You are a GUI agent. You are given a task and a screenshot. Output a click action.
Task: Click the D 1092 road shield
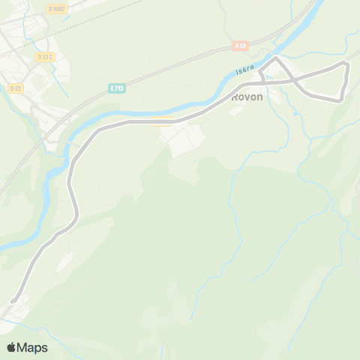[56, 9]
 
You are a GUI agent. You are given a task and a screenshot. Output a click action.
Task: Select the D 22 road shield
[16, 88]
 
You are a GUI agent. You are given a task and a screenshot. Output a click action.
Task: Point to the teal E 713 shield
[115, 88]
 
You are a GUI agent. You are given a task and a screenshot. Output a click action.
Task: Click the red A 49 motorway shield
[240, 46]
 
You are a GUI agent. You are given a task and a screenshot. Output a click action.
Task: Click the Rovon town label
[247, 96]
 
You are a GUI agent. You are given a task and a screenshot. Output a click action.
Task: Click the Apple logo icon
[12, 347]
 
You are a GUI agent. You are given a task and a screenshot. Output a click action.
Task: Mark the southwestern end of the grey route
[13, 301]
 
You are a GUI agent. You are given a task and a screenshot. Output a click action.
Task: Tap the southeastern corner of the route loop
[341, 99]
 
